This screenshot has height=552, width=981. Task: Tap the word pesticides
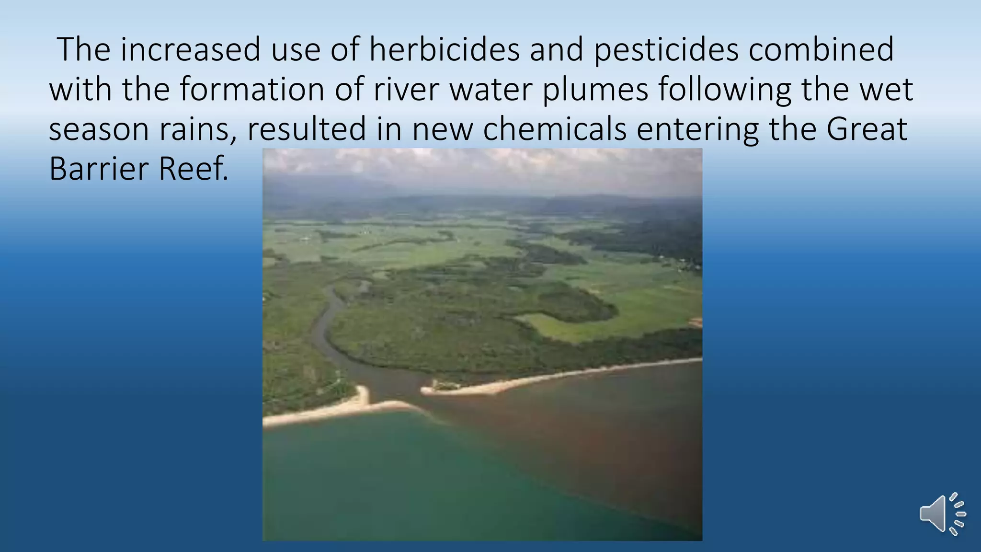[x=666, y=49]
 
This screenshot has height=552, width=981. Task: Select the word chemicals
[x=555, y=129]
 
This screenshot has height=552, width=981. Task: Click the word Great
[x=867, y=129]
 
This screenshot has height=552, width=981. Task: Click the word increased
[x=190, y=49]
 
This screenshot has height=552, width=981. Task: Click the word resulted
[x=306, y=129]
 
